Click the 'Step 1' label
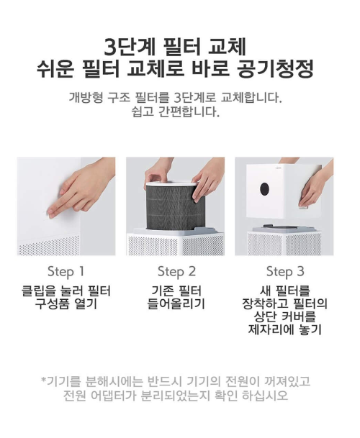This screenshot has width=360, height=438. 66,272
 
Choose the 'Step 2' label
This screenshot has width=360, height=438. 176,272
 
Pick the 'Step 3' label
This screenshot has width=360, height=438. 285,272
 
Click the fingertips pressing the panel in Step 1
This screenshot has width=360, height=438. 55,209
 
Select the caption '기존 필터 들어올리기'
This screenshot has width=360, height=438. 176,297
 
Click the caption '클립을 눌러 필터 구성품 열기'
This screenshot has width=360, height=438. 66,297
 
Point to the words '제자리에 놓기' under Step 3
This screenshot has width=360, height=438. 285,330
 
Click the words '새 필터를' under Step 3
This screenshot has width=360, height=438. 285,291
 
